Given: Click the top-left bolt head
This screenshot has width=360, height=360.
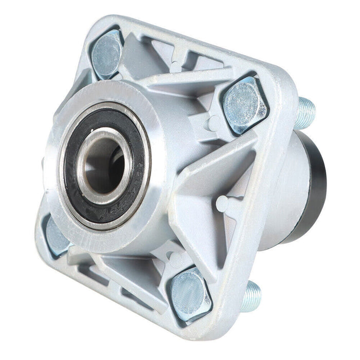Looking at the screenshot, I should [x=107, y=52].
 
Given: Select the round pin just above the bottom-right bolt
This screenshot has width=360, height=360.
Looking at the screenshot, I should [x=172, y=255].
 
